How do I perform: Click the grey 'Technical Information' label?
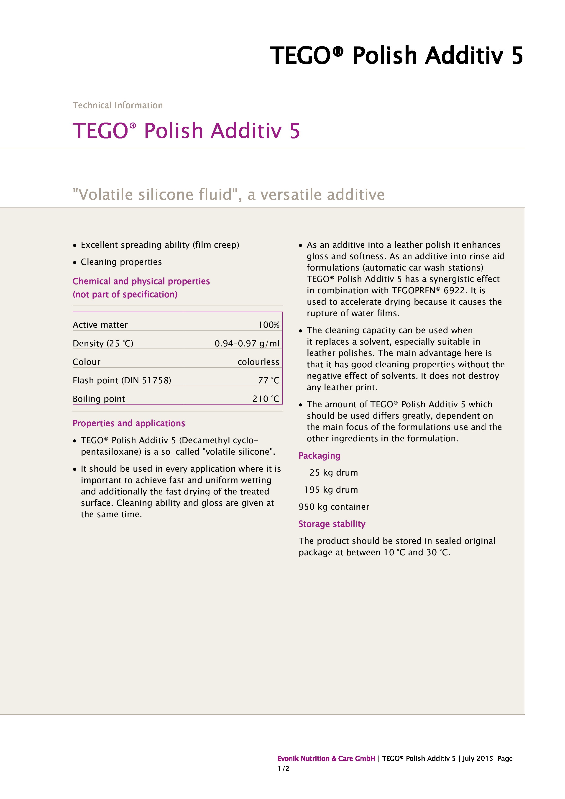pyautogui.click(x=118, y=105)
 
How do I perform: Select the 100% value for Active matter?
pyautogui.click(x=268, y=325)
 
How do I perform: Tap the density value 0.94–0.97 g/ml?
pyautogui.click(x=247, y=343)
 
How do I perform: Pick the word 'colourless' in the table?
pyautogui.click(x=258, y=362)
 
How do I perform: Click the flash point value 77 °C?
pyautogui.click(x=268, y=380)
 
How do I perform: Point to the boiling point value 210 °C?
pyautogui.click(x=266, y=399)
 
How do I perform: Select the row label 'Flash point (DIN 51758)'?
pyautogui.click(x=122, y=380)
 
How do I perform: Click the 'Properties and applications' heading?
pyautogui.click(x=129, y=423)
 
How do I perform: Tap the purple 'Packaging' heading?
pyautogui.click(x=319, y=456)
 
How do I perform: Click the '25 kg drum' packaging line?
pyautogui.click(x=334, y=473)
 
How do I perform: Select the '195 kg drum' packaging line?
pyautogui.click(x=331, y=490)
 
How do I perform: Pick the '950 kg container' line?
pyautogui.click(x=334, y=507)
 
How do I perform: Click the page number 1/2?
pyautogui.click(x=283, y=769)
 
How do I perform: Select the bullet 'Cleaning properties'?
pyautogui.click(x=121, y=262)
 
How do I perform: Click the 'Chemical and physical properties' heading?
pyautogui.click(x=141, y=281)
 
